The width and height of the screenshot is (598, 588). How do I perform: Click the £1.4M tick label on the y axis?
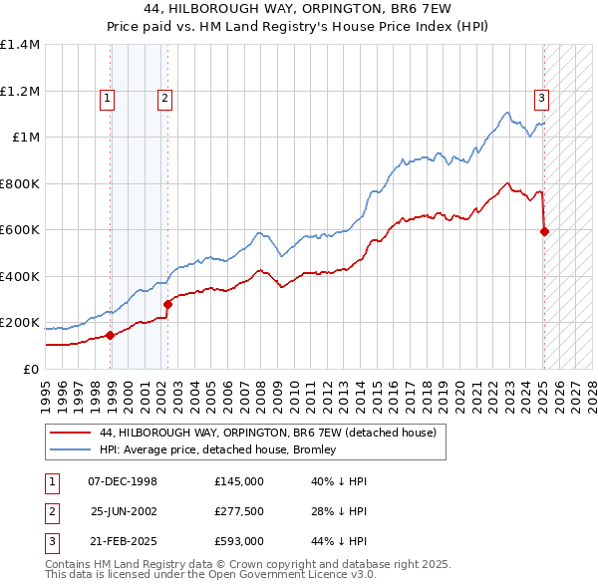click(20, 45)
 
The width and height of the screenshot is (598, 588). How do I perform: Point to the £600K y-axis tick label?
click(20, 230)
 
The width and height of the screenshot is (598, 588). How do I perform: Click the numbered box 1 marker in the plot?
click(107, 98)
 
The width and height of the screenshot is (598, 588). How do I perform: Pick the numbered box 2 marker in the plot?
click(163, 98)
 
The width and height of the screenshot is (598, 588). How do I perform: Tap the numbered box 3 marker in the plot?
click(540, 98)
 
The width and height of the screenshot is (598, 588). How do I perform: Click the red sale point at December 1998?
click(111, 336)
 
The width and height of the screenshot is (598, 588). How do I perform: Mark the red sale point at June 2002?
click(168, 305)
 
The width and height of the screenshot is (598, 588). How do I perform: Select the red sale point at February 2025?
click(545, 232)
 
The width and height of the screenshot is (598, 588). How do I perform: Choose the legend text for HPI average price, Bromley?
click(218, 449)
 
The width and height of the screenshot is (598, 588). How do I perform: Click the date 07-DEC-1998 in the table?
click(124, 481)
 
